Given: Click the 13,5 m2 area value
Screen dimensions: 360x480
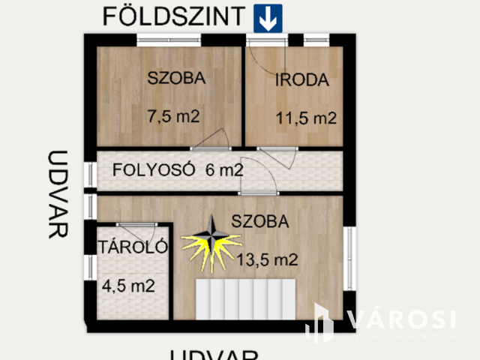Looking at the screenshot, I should (268, 261).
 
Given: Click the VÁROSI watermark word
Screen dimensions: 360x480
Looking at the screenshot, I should (401, 319).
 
